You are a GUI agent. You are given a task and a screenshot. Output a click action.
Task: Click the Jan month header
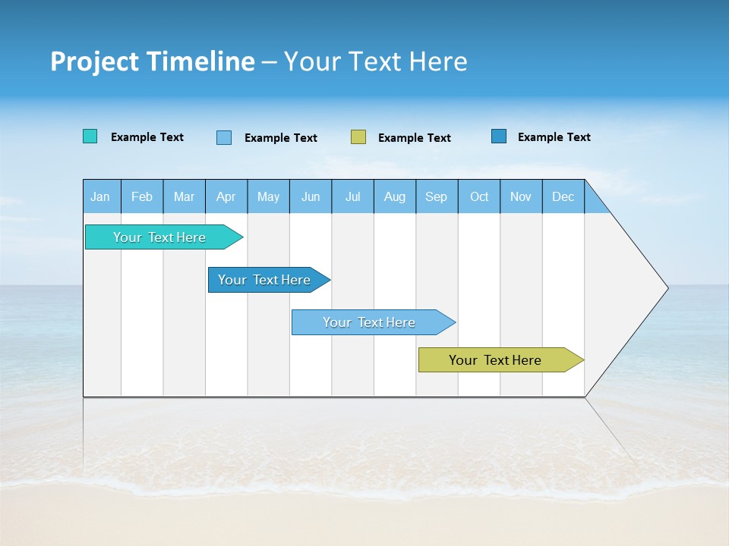tap(100, 196)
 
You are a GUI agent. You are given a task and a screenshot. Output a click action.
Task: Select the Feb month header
tap(142, 196)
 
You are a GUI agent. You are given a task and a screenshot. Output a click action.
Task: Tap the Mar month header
tap(184, 196)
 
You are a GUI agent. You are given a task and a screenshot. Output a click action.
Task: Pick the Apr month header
tap(226, 196)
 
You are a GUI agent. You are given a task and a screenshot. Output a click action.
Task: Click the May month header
tap(268, 196)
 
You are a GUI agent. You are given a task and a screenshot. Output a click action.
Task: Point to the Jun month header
tap(311, 196)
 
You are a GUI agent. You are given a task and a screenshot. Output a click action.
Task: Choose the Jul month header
tap(353, 196)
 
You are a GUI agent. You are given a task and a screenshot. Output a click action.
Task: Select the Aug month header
tap(395, 196)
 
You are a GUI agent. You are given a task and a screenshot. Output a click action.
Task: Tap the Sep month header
tap(437, 196)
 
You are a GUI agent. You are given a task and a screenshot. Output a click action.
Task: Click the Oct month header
tap(479, 196)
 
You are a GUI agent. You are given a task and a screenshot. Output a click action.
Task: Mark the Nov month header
tap(521, 196)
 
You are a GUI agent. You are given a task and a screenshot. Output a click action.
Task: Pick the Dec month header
tap(563, 196)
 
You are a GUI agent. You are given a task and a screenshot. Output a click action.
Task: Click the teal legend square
tap(90, 136)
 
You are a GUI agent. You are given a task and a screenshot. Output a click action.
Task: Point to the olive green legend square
tap(358, 136)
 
